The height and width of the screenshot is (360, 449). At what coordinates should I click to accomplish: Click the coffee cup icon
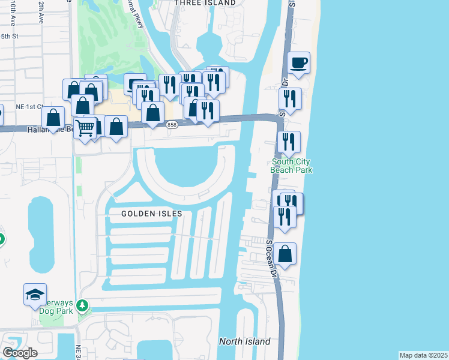(298, 62)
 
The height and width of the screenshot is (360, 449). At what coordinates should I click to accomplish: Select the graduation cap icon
(35, 295)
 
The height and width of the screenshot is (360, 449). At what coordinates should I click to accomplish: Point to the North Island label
(244, 341)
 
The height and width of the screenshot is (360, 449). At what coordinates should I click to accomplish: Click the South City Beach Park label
(292, 166)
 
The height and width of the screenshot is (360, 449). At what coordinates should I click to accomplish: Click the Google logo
(20, 352)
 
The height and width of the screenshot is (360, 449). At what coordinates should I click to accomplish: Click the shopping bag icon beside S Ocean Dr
(286, 254)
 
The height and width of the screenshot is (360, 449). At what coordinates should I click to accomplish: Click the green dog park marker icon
(83, 306)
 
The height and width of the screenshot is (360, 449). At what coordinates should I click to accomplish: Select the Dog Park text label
(56, 310)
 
